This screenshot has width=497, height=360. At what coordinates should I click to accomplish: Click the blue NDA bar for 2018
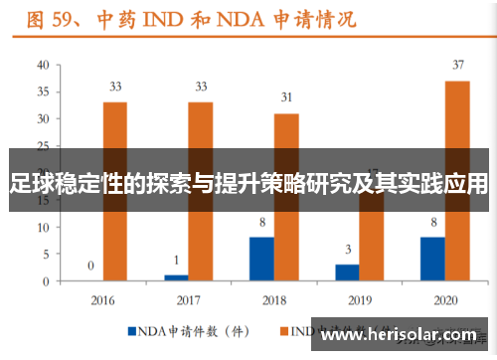click(261, 259)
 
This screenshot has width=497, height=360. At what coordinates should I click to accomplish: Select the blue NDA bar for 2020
click(432, 259)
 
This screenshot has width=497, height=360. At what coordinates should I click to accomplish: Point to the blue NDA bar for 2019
click(347, 272)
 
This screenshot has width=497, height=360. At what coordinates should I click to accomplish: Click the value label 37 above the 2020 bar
click(457, 66)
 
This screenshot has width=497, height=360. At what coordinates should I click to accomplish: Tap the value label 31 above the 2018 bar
click(286, 97)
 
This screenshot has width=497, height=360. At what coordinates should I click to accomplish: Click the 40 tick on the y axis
click(42, 66)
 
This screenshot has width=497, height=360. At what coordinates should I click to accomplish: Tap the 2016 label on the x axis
click(102, 299)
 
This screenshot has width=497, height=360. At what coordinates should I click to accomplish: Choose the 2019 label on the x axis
click(360, 299)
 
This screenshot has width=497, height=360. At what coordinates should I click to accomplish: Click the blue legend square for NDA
click(131, 329)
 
